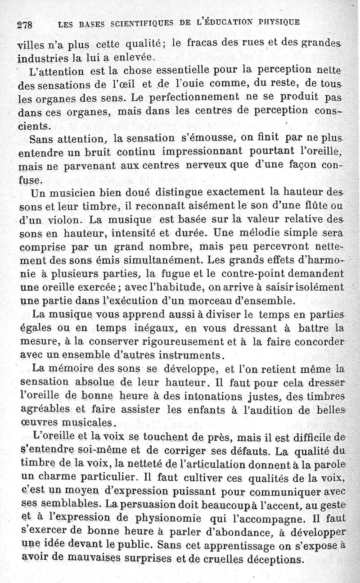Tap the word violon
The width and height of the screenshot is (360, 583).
coord(66,221)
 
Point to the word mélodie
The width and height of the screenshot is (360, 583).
coord(261,235)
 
